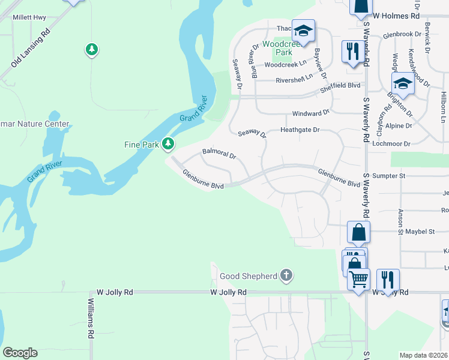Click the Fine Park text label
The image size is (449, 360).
141,145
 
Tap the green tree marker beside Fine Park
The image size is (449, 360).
169,144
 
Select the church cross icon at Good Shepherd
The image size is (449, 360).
286,276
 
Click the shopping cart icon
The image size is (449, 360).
358,279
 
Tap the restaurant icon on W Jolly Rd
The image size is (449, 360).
388,280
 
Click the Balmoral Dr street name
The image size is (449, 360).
220,154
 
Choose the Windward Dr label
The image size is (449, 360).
311,113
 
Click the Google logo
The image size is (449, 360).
20,353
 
